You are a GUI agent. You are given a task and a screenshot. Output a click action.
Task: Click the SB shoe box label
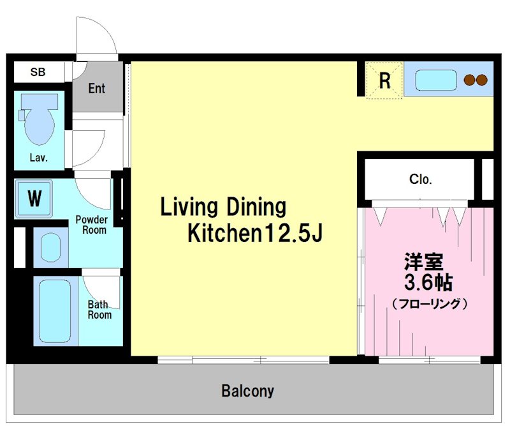coord(38,72)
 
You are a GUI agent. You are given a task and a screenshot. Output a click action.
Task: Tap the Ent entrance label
coord(97,88)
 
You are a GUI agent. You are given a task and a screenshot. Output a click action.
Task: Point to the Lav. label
coord(39,158)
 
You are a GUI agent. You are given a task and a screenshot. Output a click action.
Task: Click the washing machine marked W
coord(34,199)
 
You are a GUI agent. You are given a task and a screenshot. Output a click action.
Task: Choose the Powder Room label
coord(91,225)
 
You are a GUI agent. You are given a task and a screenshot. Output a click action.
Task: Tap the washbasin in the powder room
coord(51,248)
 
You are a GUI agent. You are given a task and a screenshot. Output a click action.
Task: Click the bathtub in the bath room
coord(55,311)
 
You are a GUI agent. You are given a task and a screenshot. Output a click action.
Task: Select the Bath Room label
coord(99,310)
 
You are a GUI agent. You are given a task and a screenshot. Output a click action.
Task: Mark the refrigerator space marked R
coord(384,80)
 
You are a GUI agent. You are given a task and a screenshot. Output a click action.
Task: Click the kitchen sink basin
coord(436,80)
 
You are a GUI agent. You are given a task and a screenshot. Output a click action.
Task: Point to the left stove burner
coord(469,80)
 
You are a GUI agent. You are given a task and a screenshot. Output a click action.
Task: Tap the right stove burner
coord(482,80)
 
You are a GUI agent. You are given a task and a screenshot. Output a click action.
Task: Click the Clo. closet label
coord(420,179)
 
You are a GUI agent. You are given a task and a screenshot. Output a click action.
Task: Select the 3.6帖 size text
coord(428,282)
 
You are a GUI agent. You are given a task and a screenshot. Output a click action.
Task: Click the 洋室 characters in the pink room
coord(423,262)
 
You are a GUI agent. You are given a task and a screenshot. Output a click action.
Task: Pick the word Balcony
coord(248,391)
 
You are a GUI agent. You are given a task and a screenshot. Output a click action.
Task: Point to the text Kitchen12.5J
coord(255,232)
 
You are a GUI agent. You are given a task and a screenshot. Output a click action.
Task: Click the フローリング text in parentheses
coord(430,304)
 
